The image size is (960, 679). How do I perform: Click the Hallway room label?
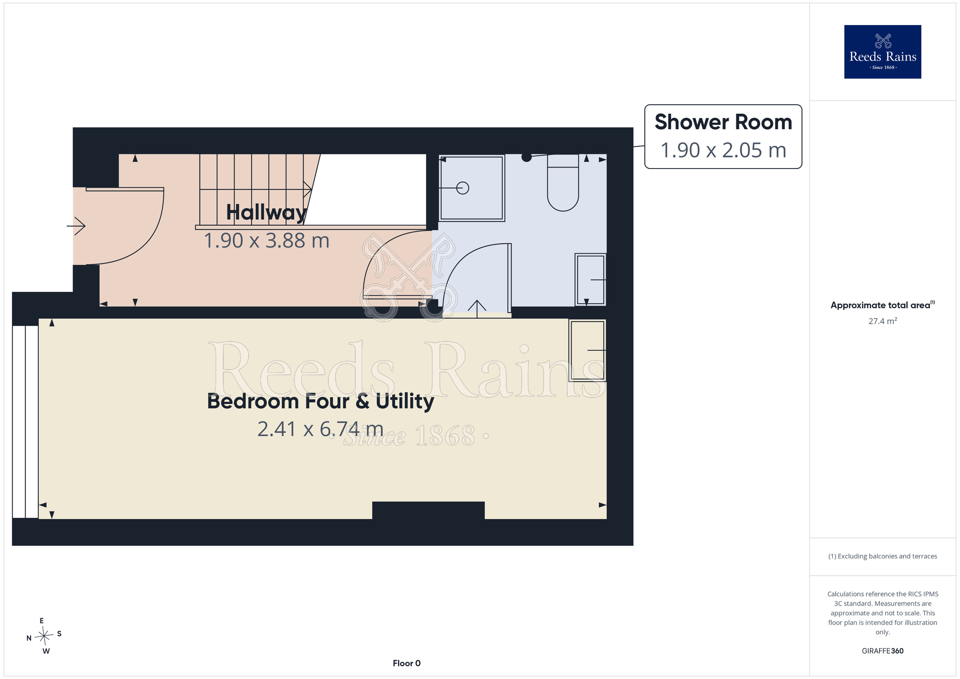click(x=266, y=212)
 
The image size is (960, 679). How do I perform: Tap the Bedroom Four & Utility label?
click(x=321, y=401)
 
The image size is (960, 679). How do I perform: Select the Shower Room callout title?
click(x=723, y=122)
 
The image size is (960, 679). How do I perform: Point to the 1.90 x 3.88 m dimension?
click(x=266, y=241)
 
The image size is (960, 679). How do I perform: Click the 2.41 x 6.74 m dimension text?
click(x=321, y=429)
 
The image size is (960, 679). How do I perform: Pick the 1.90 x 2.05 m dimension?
click(x=723, y=150)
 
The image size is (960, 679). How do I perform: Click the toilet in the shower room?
click(x=563, y=182)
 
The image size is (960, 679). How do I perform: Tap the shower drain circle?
click(x=463, y=188)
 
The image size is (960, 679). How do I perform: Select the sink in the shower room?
click(x=590, y=279)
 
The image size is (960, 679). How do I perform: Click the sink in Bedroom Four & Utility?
click(x=588, y=350)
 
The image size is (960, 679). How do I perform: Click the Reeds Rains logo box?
click(x=883, y=52)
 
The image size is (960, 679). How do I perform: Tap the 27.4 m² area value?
click(x=883, y=321)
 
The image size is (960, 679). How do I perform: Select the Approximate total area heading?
click(x=883, y=305)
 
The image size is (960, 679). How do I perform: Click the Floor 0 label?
click(x=407, y=663)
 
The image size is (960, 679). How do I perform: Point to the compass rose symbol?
click(x=44, y=636)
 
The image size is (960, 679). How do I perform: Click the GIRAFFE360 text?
click(x=883, y=651)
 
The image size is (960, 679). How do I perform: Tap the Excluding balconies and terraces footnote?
click(x=883, y=556)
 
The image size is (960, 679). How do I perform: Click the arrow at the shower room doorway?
click(x=477, y=309)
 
